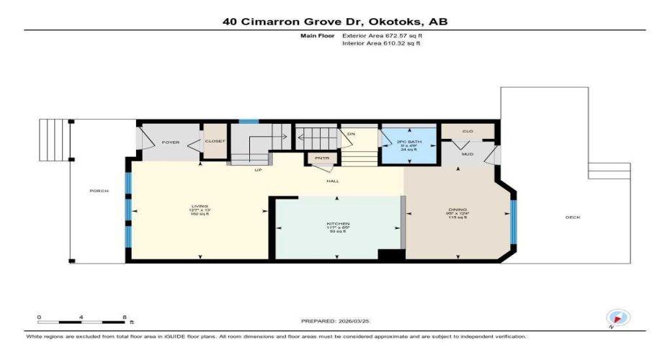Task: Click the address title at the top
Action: tap(334, 22)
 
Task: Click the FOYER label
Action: tap(170, 142)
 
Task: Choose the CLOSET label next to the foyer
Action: tap(215, 141)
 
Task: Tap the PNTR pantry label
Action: tap(318, 158)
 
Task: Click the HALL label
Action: tap(333, 181)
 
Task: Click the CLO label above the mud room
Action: tap(467, 131)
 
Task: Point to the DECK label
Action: tap(573, 217)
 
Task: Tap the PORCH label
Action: tap(99, 191)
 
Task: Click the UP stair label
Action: tap(257, 171)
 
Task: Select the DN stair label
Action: tap(351, 134)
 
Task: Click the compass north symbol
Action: tap(618, 318)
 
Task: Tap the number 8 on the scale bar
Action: tap(125, 317)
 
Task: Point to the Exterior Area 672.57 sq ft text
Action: tap(381, 35)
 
